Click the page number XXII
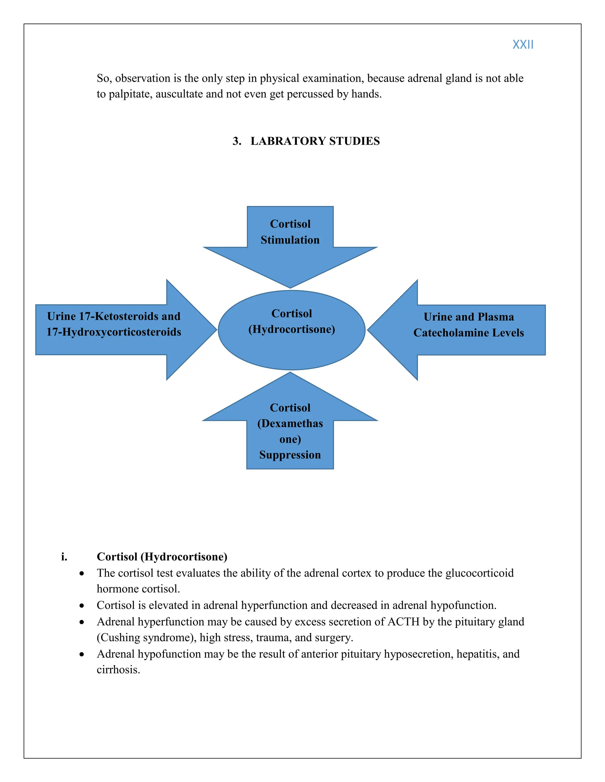click(x=523, y=45)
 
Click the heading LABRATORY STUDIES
click(x=315, y=141)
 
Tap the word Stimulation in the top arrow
click(x=290, y=240)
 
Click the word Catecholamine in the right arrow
click(x=452, y=333)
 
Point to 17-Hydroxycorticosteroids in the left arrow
click(x=114, y=332)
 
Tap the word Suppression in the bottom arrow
click(x=290, y=455)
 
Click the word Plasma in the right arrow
click(x=496, y=317)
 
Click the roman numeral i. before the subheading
click(x=64, y=557)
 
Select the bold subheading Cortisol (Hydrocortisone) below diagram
click(x=162, y=557)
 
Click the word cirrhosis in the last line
click(x=118, y=670)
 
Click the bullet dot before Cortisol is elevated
click(x=82, y=606)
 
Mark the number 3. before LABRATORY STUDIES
click(x=237, y=141)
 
